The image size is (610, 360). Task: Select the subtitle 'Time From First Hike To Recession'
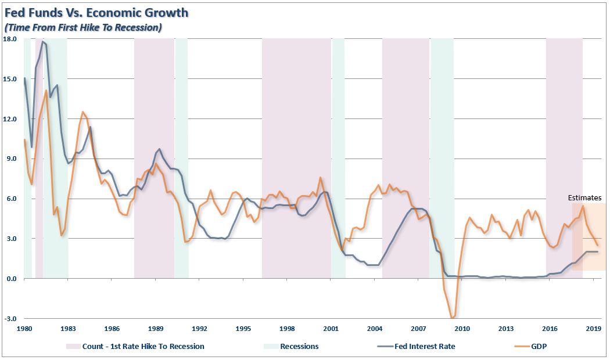[x=82, y=27]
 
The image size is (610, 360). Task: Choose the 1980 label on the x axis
[x=24, y=328]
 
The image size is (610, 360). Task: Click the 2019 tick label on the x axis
[x=593, y=328]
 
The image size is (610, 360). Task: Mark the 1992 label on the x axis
[x=199, y=328]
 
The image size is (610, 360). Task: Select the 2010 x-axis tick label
[x=462, y=328]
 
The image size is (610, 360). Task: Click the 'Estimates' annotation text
[x=584, y=198]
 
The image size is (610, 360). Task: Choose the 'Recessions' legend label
[x=300, y=347]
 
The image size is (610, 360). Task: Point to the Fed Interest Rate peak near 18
[x=43, y=42]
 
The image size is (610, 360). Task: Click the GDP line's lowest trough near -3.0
[x=452, y=318]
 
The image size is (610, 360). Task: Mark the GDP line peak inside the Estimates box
[x=583, y=206]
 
